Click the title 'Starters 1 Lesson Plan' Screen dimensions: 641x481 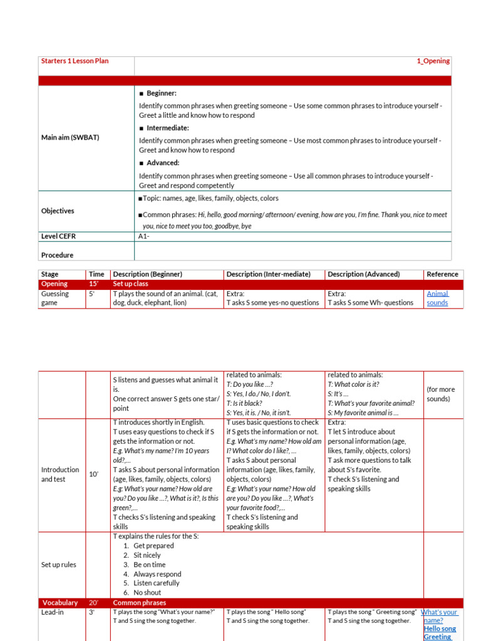click(70, 61)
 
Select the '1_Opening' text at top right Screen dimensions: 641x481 click(433, 61)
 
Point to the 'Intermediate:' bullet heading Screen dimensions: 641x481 click(167, 128)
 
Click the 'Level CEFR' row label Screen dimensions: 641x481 click(58, 236)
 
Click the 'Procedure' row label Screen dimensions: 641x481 click(57, 255)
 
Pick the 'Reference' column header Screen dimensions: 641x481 click(442, 274)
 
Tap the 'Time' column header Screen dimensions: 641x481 click(96, 274)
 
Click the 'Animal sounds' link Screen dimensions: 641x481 click(437, 298)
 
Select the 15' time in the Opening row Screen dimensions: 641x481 click(93, 284)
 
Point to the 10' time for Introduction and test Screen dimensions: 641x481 click(93, 474)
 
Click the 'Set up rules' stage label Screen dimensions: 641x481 click(58, 565)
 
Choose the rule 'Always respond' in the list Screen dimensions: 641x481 click(157, 574)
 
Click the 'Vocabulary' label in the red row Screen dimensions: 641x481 click(60, 603)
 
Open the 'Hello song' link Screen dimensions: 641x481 click(440, 628)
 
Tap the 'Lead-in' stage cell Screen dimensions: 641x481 click(53, 612)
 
